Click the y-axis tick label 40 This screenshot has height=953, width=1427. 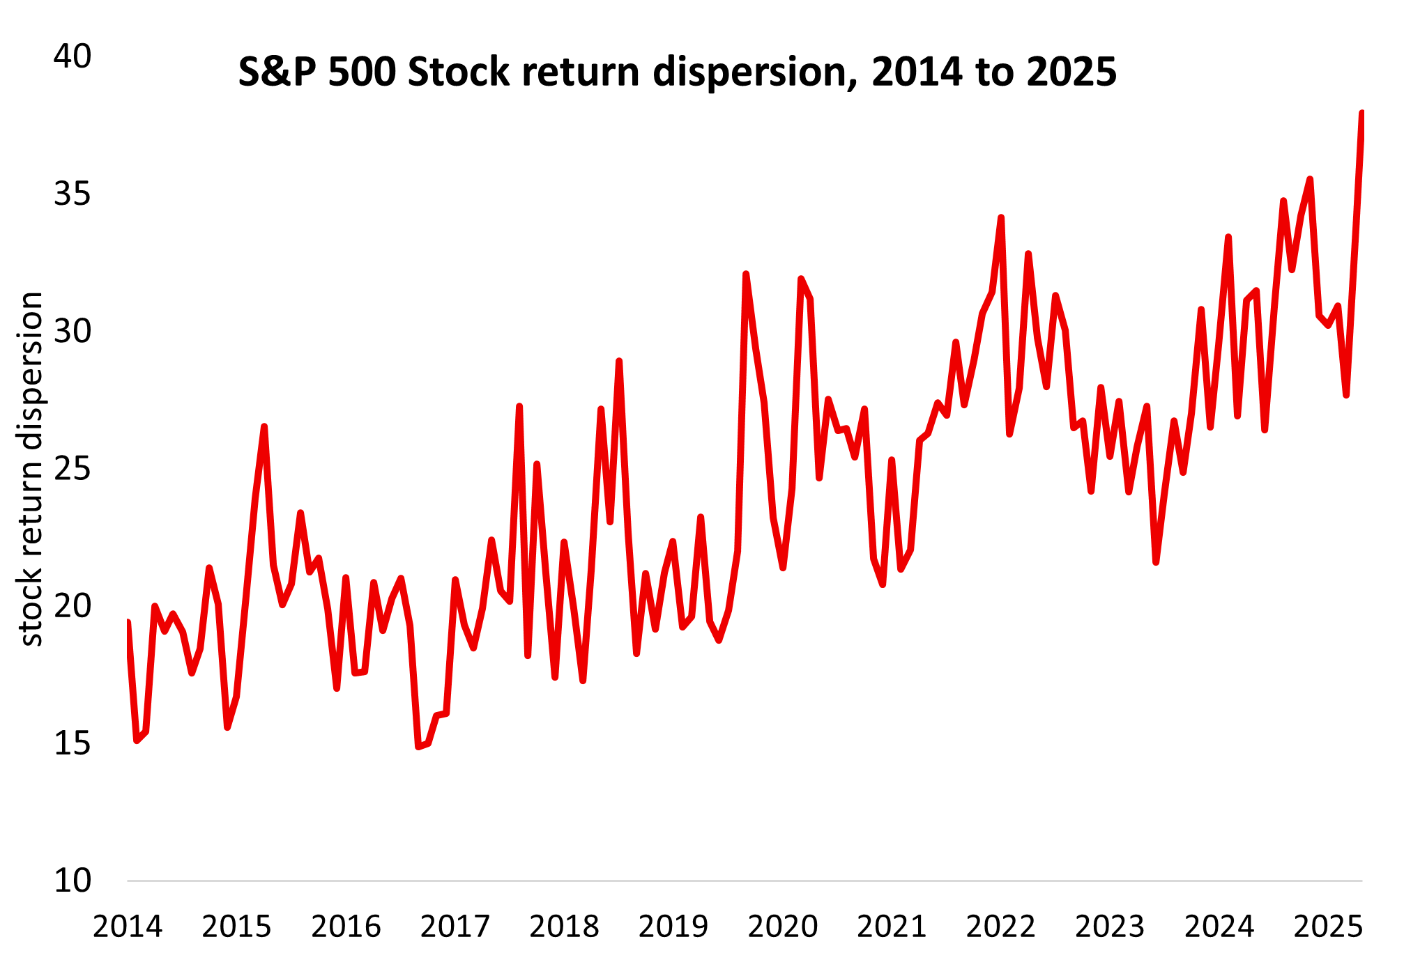(73, 56)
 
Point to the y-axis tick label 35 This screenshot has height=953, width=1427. (73, 194)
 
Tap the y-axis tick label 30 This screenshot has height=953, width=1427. (73, 331)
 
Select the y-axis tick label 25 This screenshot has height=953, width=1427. (73, 469)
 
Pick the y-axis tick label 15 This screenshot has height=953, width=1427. (73, 744)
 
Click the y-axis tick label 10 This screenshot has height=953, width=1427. (73, 881)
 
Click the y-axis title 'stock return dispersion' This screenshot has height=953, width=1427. (31, 469)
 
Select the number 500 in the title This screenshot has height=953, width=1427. (362, 72)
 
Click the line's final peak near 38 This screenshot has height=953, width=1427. (1361, 114)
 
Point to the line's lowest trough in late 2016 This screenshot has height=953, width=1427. (418, 747)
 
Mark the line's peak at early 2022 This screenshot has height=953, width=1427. (1001, 218)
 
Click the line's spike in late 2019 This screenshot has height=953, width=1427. (746, 274)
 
